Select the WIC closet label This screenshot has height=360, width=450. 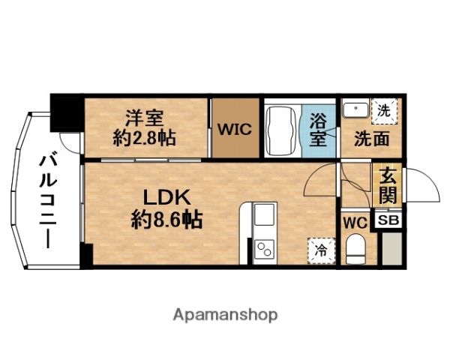234,128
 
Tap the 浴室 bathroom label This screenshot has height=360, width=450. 317,129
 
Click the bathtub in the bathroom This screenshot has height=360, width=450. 282,128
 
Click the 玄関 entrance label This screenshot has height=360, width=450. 387,186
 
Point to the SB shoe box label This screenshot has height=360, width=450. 388,220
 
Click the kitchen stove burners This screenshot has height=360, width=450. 264,248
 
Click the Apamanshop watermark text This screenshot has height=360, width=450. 225,313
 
